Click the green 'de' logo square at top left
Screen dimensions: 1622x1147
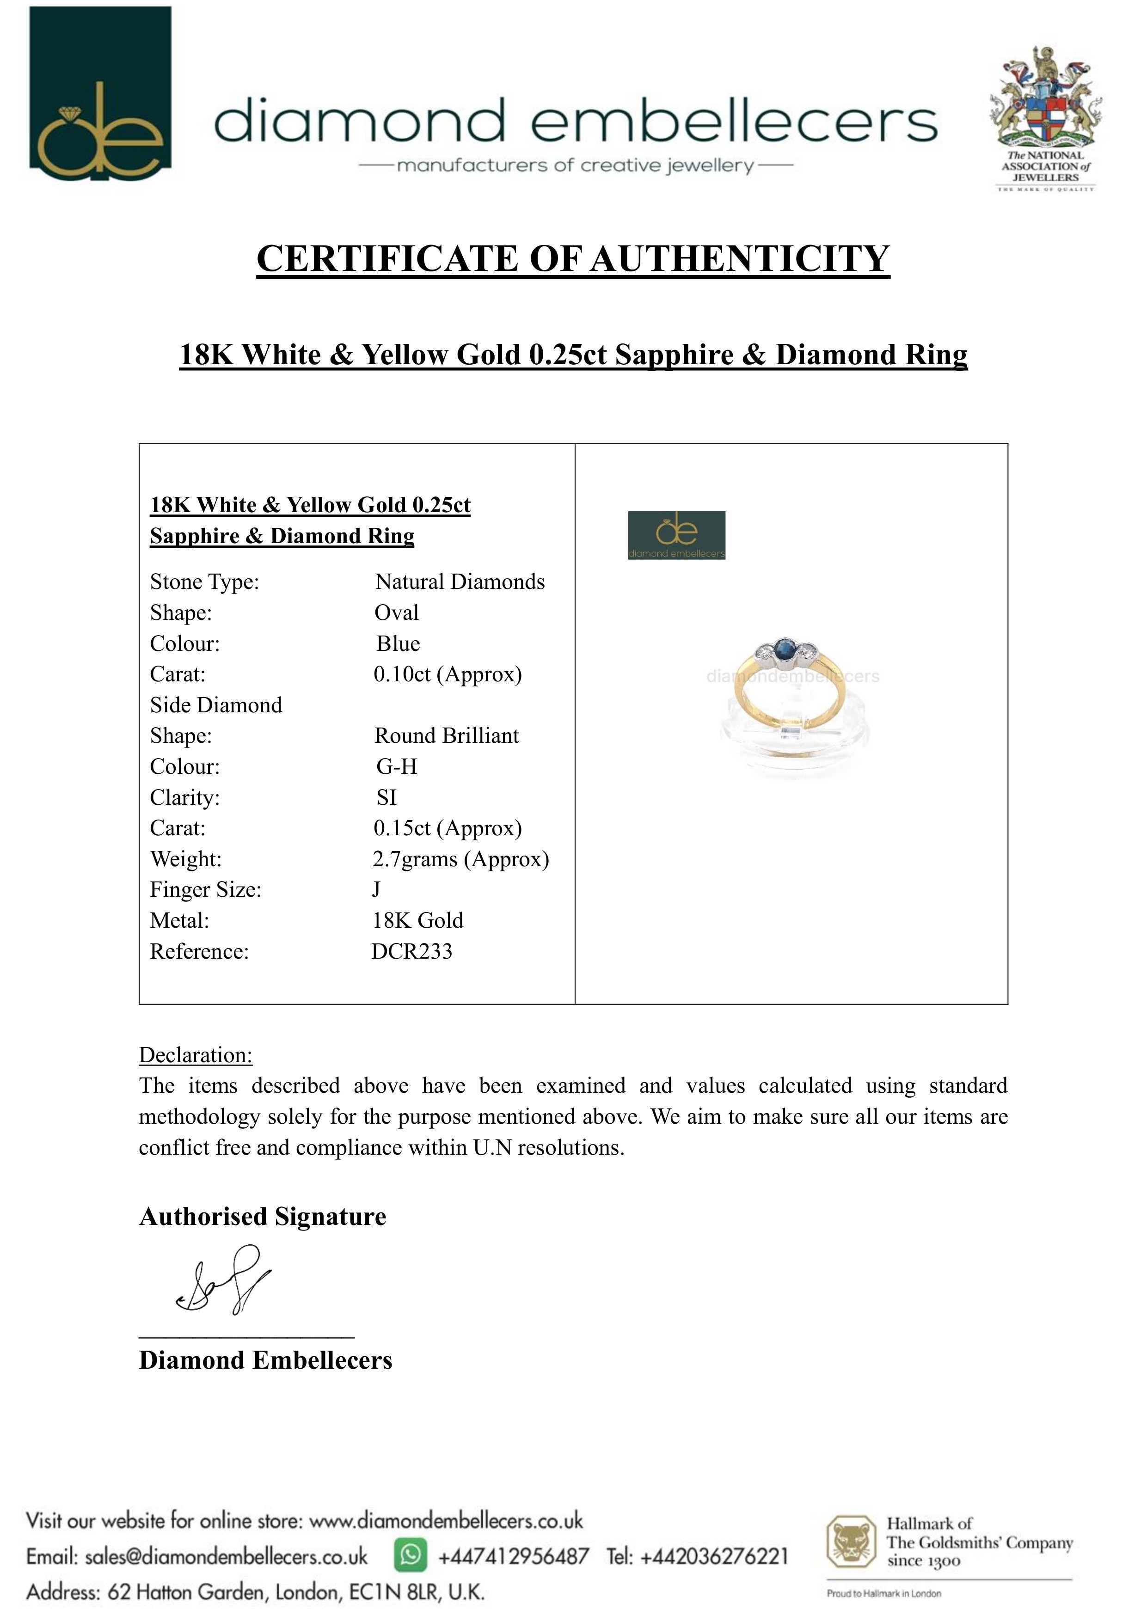[x=100, y=93]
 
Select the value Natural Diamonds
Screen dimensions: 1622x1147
[x=460, y=582]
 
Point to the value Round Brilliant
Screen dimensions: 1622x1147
[x=447, y=736]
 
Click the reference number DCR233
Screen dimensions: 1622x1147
[x=412, y=952]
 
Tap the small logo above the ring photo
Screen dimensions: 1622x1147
[x=676, y=535]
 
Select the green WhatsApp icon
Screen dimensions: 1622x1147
[x=411, y=1555]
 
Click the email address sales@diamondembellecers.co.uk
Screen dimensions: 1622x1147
[x=226, y=1556]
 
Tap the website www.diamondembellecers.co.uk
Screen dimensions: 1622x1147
[x=447, y=1520]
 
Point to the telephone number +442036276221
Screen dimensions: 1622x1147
[x=714, y=1556]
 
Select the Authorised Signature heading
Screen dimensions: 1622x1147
[x=263, y=1217]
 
